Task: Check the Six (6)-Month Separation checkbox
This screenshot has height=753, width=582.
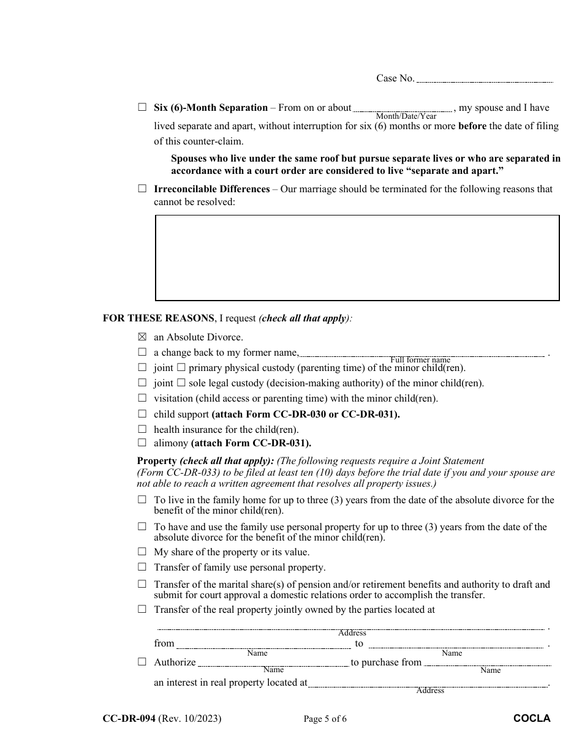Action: point(142,107)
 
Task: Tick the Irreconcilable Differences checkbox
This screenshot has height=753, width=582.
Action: point(142,189)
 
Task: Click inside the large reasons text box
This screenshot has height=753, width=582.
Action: point(357,258)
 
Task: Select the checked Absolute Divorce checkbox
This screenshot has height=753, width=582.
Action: point(142,337)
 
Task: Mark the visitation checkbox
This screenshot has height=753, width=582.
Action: point(142,398)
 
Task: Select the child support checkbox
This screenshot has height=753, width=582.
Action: point(142,414)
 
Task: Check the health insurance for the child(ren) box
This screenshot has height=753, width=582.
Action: point(142,429)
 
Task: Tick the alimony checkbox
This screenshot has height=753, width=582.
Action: point(142,443)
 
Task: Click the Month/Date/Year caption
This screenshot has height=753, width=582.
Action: point(406,116)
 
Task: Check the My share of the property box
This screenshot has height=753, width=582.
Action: point(142,552)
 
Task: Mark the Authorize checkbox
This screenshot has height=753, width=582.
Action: point(142,662)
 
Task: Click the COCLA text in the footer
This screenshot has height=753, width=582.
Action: point(532,719)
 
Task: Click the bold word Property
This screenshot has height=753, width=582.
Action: point(157,461)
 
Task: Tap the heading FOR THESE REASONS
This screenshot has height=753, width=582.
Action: point(158,318)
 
